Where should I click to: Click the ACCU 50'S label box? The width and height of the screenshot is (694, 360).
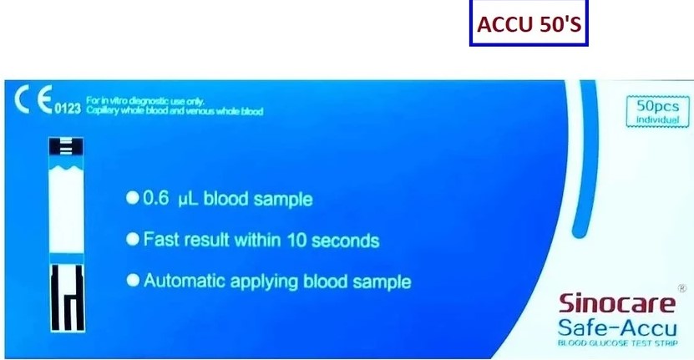click(527, 26)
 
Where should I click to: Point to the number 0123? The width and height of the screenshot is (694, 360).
click(68, 109)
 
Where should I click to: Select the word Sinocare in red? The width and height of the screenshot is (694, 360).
click(614, 303)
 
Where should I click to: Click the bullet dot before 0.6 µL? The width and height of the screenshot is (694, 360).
click(131, 199)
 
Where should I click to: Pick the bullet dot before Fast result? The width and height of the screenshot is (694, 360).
click(131, 240)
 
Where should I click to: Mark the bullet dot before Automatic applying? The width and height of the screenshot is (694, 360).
click(131, 281)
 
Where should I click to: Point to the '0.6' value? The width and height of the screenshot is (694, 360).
click(156, 200)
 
